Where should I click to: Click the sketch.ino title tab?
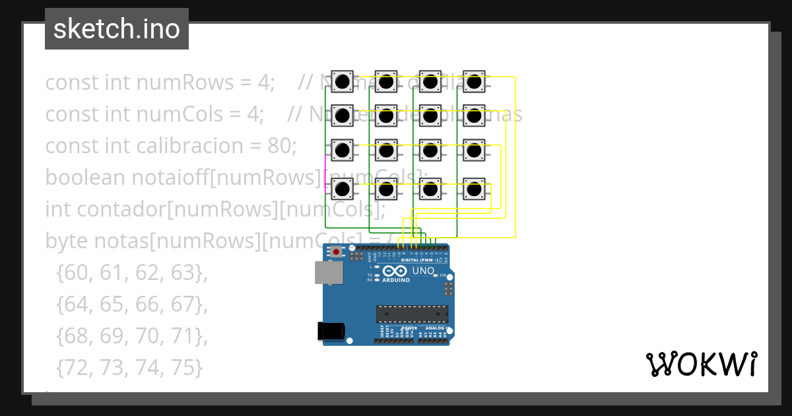117,29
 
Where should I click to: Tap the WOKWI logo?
701,364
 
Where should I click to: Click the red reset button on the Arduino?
337,252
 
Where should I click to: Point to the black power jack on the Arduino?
332,331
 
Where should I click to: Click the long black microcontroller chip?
412,315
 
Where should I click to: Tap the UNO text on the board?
423,271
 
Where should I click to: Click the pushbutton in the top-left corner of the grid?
342,82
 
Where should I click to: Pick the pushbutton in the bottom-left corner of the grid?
342,190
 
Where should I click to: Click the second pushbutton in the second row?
386,116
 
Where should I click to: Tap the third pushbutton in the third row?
430,151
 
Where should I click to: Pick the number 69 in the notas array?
112,335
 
